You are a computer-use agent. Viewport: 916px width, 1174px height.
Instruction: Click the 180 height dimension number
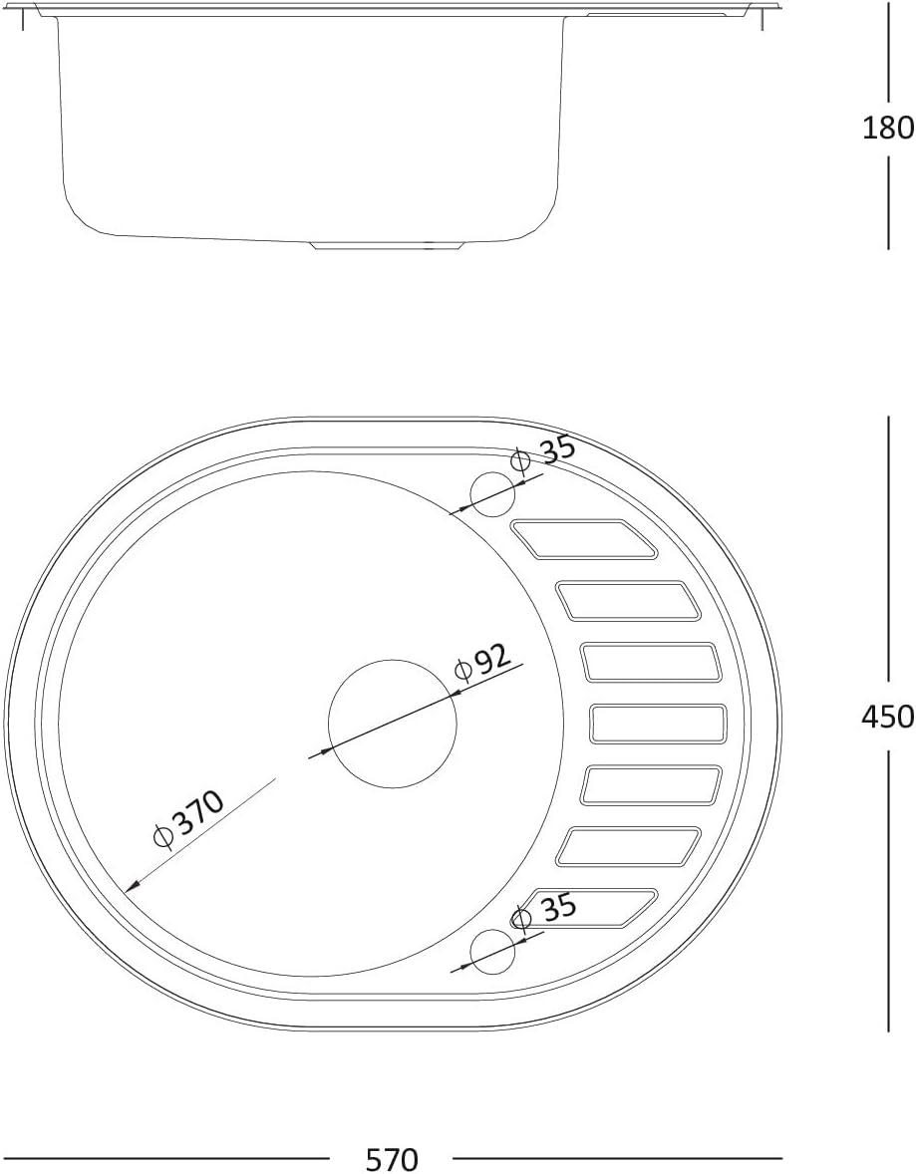coord(888,128)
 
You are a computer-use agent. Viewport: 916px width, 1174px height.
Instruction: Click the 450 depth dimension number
coord(888,718)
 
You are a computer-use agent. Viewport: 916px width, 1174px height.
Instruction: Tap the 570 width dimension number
coord(391,1159)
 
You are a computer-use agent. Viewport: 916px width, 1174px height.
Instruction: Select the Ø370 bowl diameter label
coord(188,820)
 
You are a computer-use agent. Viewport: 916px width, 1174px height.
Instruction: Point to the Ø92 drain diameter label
coord(483,663)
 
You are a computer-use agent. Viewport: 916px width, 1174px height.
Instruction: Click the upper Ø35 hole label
coord(543,453)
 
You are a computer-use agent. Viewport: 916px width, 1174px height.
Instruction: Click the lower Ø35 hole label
coord(544,911)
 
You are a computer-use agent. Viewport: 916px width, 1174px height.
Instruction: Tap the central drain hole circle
coord(393,724)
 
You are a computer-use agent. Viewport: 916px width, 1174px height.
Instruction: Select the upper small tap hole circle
coord(492,494)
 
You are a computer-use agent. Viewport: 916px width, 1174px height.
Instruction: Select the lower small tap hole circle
coord(492,952)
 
